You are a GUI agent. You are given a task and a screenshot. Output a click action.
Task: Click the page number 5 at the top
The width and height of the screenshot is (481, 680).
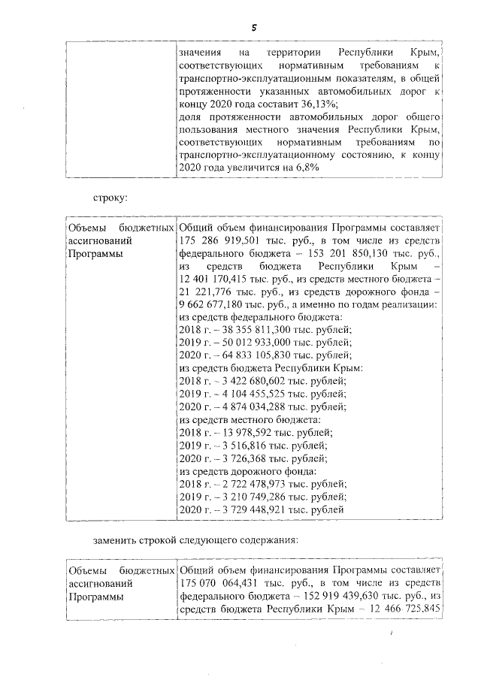[x=253, y=27]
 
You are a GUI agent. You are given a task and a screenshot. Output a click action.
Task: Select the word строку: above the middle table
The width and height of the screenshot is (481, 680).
[x=110, y=198]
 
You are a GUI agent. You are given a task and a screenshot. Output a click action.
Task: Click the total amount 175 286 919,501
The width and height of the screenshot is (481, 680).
[x=223, y=241]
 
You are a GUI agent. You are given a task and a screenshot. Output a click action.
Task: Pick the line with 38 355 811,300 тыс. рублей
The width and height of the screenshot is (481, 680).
[x=265, y=331]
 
